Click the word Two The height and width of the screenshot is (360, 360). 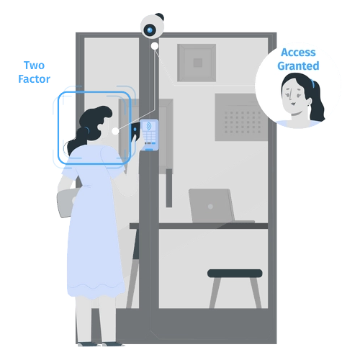35,66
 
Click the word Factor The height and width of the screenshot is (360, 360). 35,79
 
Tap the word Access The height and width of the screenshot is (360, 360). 298,53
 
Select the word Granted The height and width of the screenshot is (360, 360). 298,66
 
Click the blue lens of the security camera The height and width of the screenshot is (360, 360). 150,30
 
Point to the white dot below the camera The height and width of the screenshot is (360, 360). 155,46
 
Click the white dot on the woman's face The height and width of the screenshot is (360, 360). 115,131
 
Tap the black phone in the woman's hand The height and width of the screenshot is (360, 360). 135,131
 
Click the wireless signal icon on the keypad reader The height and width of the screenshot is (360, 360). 149,126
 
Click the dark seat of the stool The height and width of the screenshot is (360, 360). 235,274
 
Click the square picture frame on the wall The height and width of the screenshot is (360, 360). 197,63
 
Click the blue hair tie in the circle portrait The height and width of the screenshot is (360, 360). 312,84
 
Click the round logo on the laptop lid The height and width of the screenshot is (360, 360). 210,206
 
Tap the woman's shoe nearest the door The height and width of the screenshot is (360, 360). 113,344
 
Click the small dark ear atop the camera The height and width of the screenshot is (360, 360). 160,17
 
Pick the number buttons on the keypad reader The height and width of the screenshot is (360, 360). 150,136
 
